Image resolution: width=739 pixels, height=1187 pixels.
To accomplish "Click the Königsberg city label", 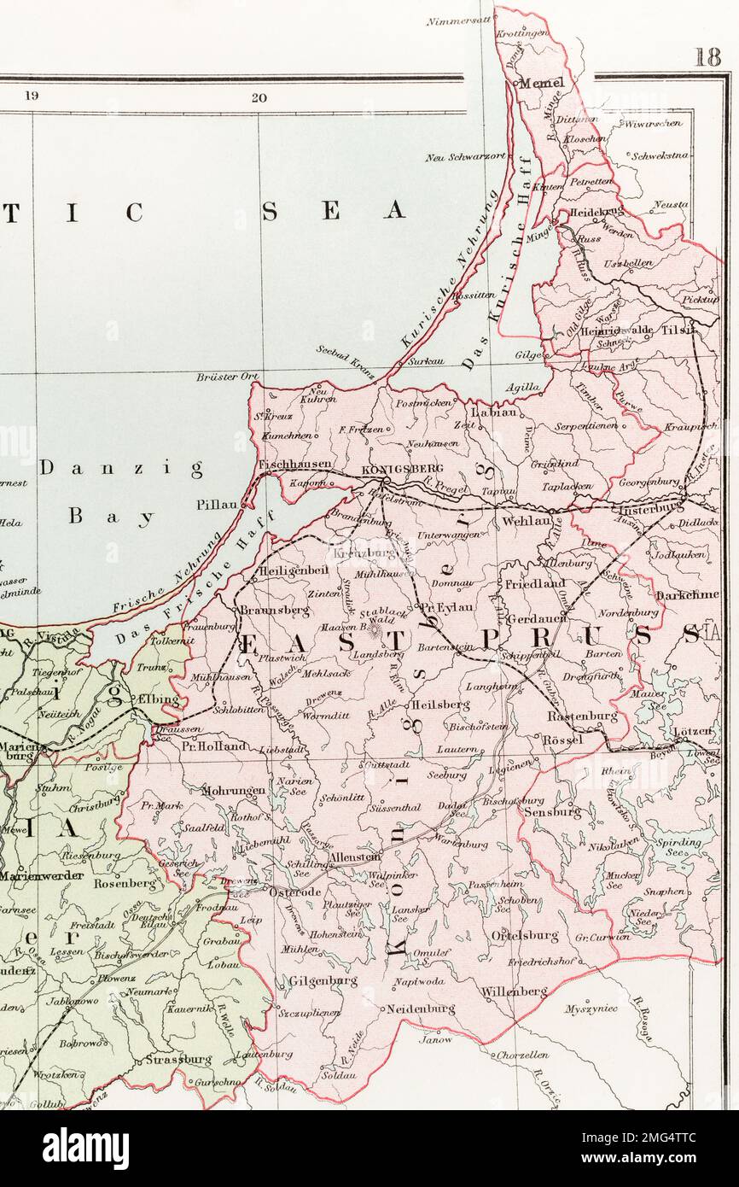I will [x=390, y=469].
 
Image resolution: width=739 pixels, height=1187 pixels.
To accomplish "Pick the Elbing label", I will [x=159, y=699].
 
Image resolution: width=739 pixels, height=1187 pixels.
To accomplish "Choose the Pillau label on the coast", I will [x=217, y=505].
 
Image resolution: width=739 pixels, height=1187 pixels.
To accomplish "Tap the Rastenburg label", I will [x=582, y=716].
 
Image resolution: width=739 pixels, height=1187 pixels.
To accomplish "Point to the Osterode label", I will [x=294, y=892].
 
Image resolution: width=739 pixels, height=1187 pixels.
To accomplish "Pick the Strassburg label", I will [x=178, y=1060].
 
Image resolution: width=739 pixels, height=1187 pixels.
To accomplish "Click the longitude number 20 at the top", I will [x=259, y=97].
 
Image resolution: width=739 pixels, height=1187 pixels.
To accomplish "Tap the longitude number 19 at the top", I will [x=32, y=96].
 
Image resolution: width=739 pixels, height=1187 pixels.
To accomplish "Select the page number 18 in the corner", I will [x=707, y=57].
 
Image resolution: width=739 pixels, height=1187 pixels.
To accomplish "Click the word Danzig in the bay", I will [x=120, y=468].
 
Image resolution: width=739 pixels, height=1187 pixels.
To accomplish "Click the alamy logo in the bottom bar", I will [x=85, y=1149].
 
